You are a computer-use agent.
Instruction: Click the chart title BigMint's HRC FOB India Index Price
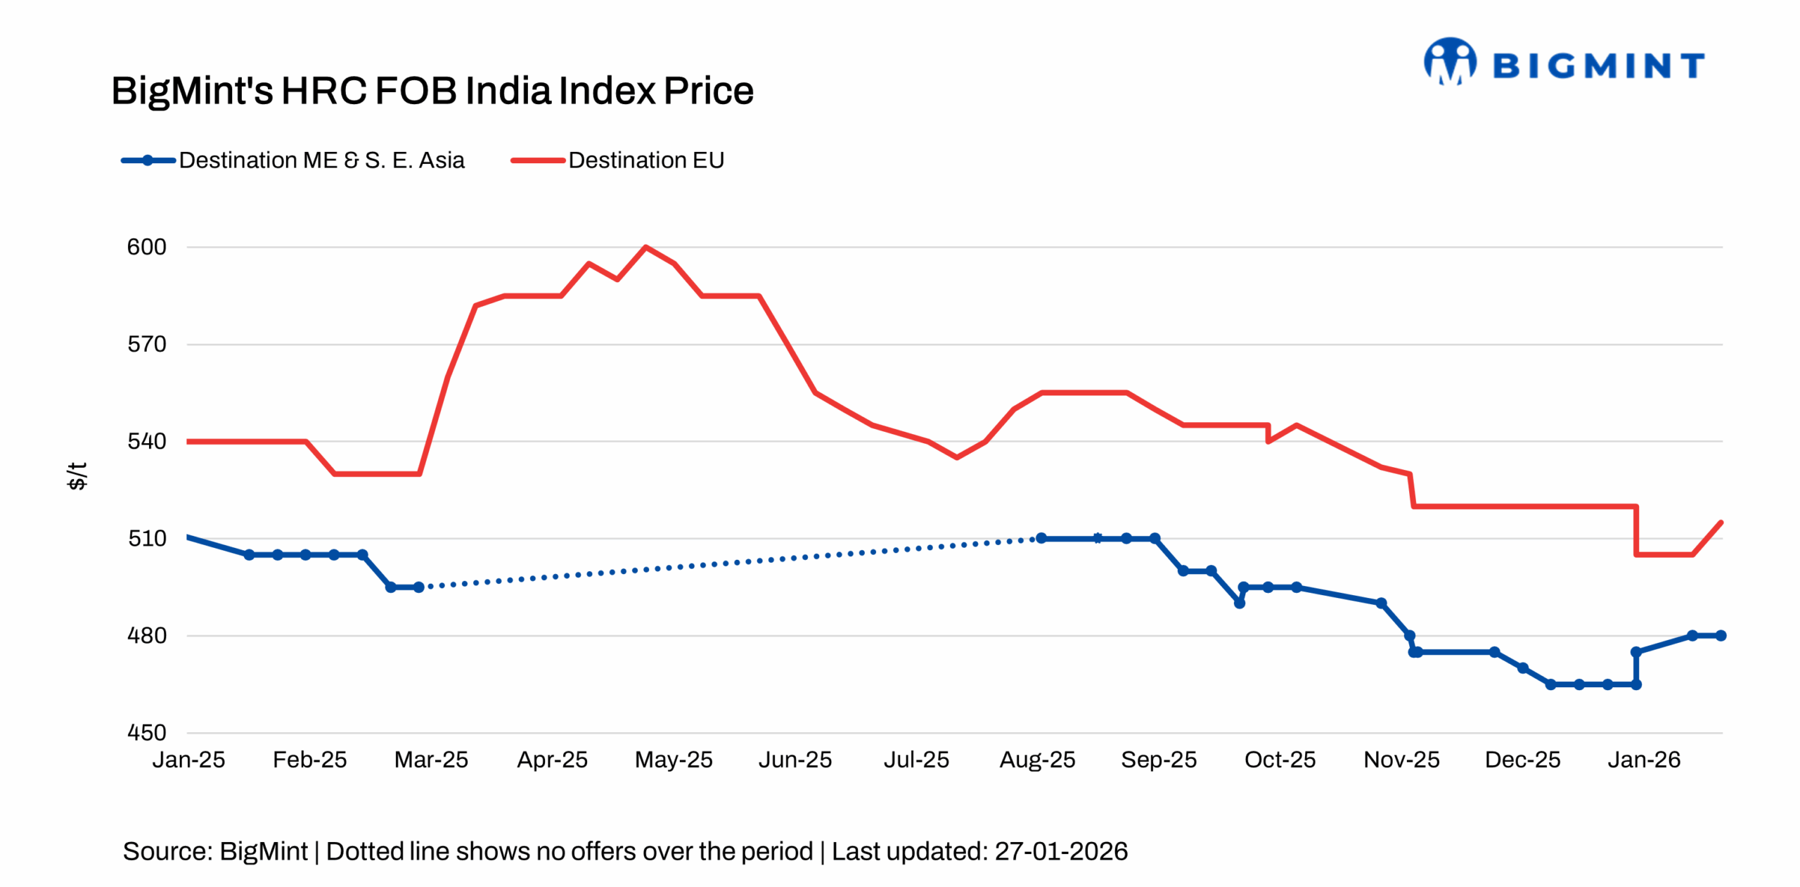(432, 91)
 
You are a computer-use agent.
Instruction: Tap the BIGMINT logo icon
(1449, 62)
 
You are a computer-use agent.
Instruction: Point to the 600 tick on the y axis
(146, 247)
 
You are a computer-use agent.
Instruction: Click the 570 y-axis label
(146, 344)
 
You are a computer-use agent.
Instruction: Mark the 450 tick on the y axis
(146, 732)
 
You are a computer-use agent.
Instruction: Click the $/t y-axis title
(77, 476)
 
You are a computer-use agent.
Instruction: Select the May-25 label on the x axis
(673, 760)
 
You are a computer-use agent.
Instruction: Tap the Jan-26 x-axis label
(1643, 760)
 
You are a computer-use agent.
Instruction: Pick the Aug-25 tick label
(1037, 760)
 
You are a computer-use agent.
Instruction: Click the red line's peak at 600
(645, 247)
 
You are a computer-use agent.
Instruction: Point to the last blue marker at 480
(1721, 635)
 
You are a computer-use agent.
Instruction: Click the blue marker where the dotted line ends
(1041, 538)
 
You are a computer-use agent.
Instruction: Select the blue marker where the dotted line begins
(419, 587)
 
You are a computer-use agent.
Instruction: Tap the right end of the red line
(1721, 522)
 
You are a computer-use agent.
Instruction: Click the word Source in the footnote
(166, 851)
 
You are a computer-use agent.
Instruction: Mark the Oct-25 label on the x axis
(1280, 760)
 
